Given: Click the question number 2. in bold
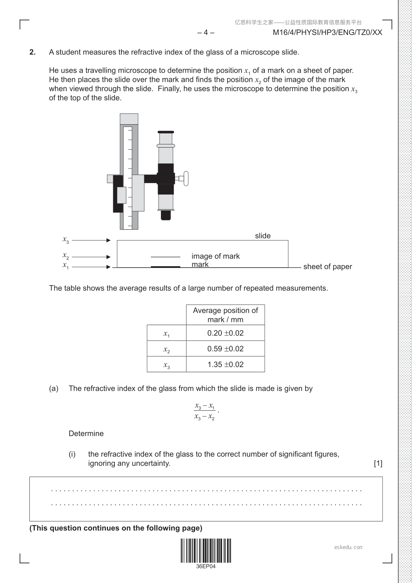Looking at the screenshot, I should tap(33, 52).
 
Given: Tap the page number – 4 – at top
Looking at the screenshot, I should tap(206, 33).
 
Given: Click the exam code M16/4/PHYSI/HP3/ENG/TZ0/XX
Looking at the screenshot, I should tap(327, 33).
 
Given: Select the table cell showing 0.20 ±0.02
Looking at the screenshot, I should tap(225, 333).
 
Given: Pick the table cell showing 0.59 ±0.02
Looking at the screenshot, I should tap(225, 349).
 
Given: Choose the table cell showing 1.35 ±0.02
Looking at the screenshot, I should tap(225, 365).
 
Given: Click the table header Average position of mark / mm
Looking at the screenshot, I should tap(225, 315).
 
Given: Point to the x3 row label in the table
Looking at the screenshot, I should tap(166, 365).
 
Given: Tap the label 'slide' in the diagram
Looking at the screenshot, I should tap(263, 236).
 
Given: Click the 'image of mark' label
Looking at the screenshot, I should tap(216, 256).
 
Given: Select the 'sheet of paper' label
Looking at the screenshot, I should tap(327, 267).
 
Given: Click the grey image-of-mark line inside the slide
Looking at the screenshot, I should tap(165, 257).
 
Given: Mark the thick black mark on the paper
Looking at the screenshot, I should tap(165, 267).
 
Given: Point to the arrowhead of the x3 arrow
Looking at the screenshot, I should tap(109, 240).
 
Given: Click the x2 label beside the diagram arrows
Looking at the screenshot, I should tap(65, 256).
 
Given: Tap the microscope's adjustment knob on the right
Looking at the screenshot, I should tap(186, 179).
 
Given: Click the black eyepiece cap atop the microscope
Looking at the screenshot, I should tap(166, 132).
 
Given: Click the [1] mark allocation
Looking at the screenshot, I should tap(378, 463).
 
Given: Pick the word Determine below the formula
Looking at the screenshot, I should tap(86, 433).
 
